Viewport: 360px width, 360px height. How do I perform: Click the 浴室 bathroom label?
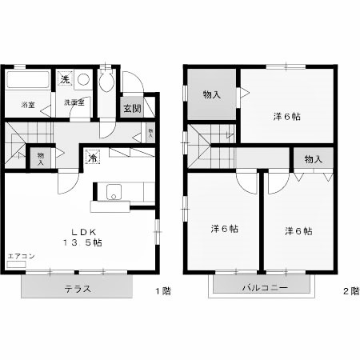coord(28,104)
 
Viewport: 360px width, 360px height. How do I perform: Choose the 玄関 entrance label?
coord(131,108)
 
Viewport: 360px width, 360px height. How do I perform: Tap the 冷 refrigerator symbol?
coord(93,157)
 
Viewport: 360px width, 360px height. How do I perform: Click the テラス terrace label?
coord(76,289)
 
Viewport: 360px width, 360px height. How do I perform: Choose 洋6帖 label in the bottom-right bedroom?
coord(298,230)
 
